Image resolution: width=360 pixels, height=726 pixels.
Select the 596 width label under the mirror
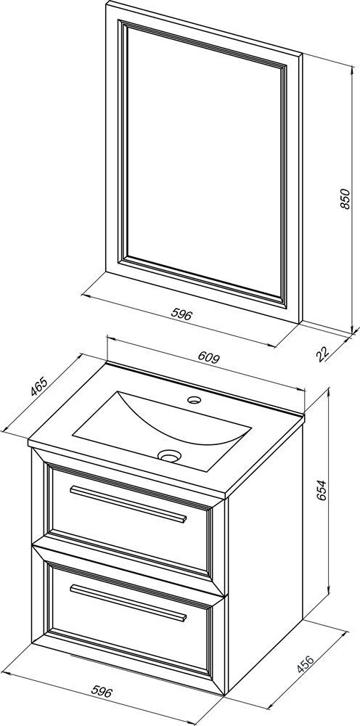pos(181,315)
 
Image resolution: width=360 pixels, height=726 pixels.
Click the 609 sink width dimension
pos(208,357)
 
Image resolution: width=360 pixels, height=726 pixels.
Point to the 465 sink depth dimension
pos(39,387)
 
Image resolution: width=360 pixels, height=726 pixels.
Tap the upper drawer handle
pos(128,504)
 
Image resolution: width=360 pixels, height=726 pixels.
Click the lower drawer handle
pos(128,602)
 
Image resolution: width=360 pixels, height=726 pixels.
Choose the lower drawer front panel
pos(130,618)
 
